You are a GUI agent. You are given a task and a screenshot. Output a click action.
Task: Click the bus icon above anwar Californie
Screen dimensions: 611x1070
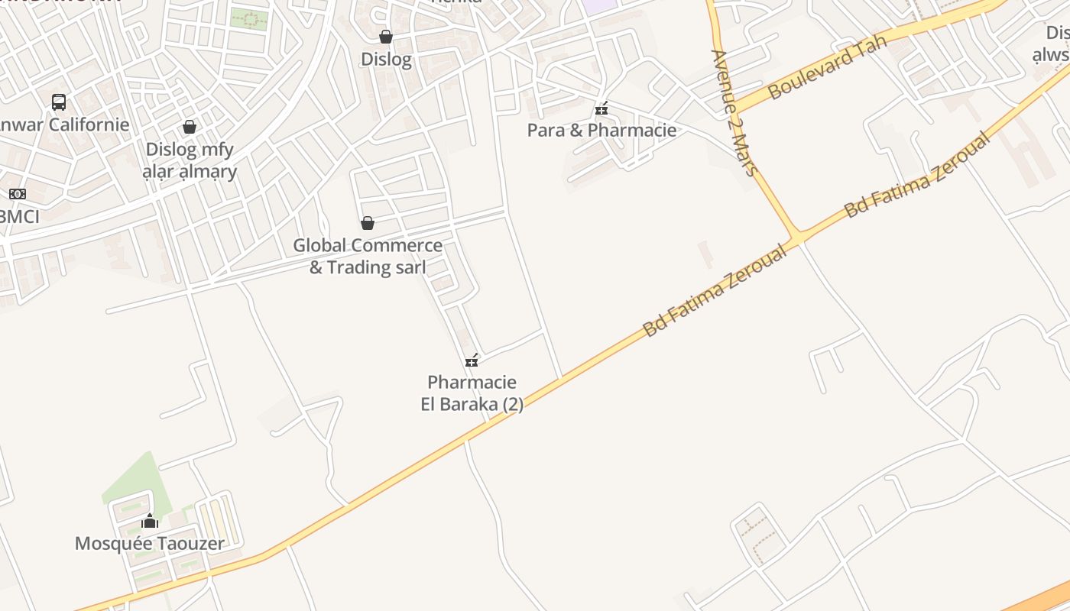tap(59, 102)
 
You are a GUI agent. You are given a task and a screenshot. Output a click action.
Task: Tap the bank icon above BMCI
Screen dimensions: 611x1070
tap(17, 194)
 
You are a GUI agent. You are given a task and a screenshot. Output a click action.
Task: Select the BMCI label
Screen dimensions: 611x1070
tap(19, 216)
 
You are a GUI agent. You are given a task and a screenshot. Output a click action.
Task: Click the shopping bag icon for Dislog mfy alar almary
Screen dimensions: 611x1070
tap(190, 127)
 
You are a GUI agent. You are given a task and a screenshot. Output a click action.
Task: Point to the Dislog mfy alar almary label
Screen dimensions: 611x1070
tap(190, 160)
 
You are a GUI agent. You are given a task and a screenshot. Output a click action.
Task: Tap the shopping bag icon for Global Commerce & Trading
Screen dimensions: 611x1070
tap(368, 223)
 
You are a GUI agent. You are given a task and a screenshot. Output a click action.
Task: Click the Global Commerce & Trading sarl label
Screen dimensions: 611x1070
tap(368, 257)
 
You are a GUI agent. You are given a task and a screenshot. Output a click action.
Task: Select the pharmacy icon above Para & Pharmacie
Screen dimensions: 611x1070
tap(601, 108)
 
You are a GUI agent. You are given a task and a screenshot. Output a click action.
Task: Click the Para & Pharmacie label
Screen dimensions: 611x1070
tap(601, 130)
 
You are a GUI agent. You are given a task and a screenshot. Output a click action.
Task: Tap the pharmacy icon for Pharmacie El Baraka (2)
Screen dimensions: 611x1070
tap(472, 360)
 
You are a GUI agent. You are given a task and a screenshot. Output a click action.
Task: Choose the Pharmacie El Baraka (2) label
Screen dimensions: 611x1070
tap(472, 393)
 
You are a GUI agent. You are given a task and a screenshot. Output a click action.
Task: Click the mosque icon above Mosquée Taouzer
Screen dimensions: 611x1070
tap(150, 522)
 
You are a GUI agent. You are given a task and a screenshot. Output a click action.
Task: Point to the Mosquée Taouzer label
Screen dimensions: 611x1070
tap(150, 544)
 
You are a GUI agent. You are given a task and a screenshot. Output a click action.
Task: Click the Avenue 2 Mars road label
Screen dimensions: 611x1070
tap(734, 112)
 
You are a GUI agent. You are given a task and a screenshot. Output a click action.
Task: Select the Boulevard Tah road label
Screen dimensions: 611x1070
tap(827, 66)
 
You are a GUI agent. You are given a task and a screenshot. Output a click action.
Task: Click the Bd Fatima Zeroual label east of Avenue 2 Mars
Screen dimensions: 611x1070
tap(917, 176)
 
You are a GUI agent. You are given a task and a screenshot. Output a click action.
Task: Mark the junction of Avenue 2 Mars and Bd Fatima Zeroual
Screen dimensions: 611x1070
tap(796, 237)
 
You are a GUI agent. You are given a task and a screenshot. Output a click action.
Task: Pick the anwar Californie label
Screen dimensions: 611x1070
tap(65, 124)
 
